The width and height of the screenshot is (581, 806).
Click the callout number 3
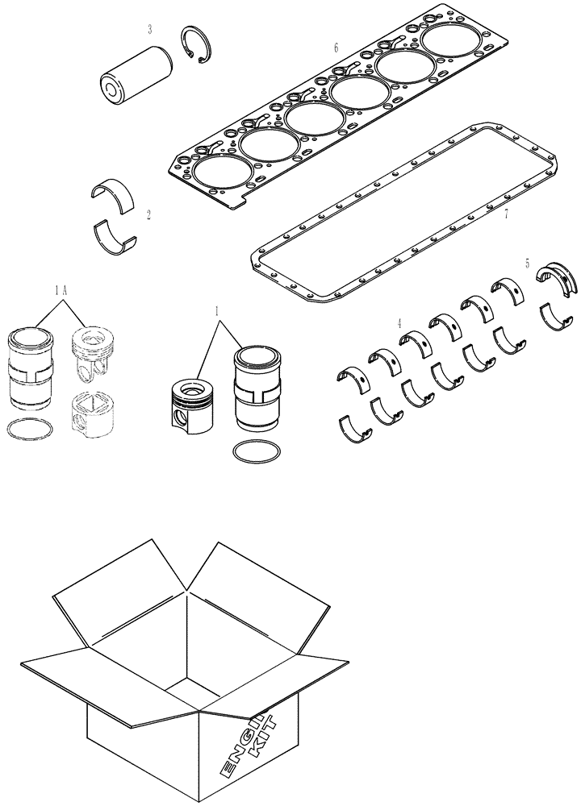click(x=150, y=30)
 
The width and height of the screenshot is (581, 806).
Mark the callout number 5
click(x=527, y=263)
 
